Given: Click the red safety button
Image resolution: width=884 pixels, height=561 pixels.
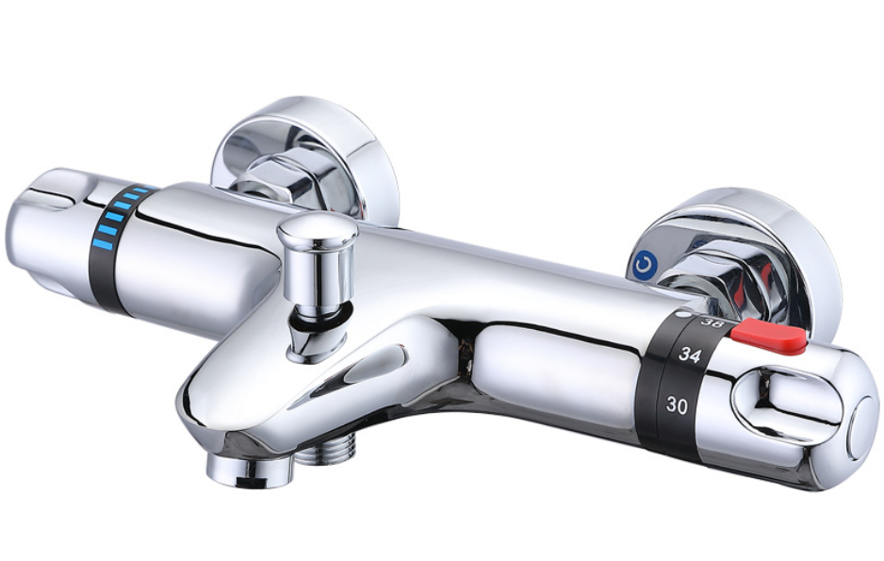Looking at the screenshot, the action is (769, 336).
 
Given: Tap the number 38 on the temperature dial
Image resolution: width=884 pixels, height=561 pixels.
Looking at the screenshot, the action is (711, 323).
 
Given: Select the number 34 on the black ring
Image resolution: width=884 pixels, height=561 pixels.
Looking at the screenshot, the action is (690, 355).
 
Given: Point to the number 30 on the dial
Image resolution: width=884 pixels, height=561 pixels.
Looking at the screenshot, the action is (677, 404).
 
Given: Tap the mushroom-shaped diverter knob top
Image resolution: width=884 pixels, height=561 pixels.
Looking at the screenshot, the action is (318, 231).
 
